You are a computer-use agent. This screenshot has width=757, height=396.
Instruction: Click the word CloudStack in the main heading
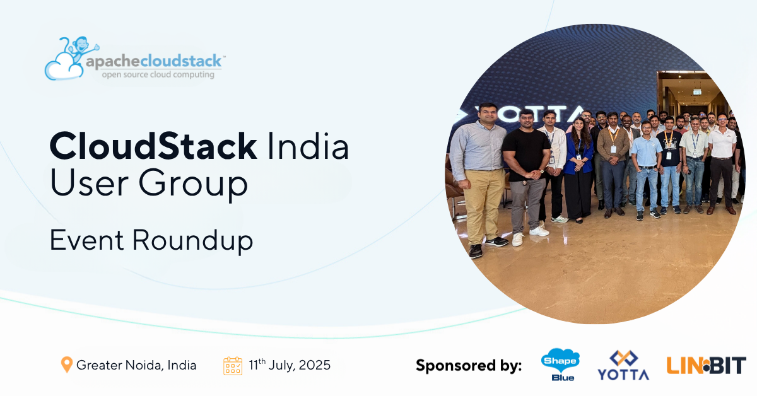pos(153,146)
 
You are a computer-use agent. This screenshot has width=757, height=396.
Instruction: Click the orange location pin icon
pos(66,364)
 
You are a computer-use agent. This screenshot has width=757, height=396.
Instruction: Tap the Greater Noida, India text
pos(136,365)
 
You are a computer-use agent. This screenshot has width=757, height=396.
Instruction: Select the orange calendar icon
pos(233,365)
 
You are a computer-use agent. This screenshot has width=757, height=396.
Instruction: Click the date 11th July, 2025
pos(290,364)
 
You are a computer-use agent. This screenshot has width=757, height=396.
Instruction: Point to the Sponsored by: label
pos(469,365)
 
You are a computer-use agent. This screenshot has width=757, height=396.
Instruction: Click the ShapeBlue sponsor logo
pos(560,365)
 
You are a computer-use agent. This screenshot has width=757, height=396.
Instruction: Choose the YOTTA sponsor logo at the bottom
pos(623,366)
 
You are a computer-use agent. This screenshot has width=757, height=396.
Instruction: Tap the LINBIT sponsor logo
pos(706,364)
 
